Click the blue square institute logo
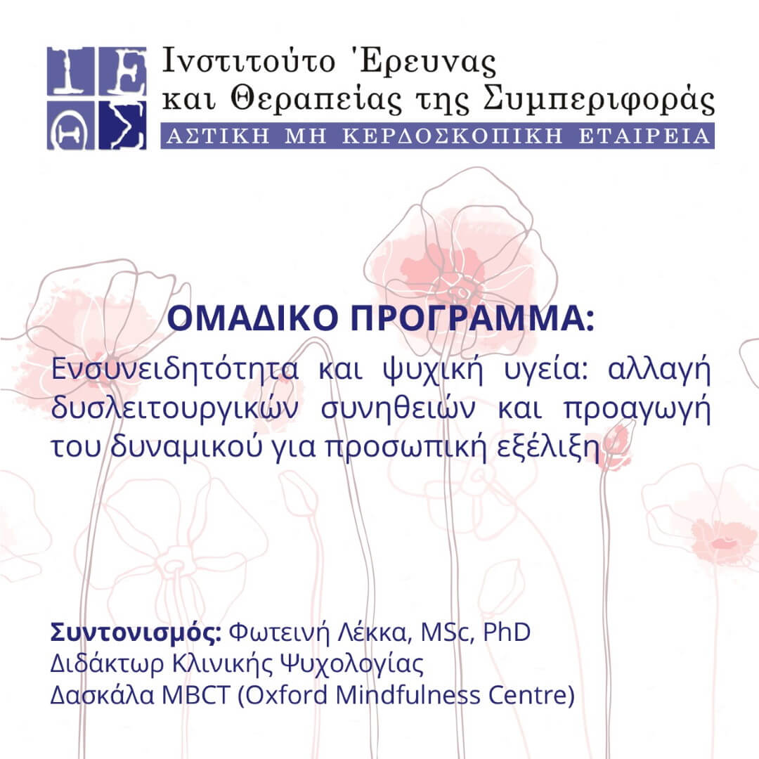[x=97, y=98]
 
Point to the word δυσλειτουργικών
[x=173, y=411]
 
